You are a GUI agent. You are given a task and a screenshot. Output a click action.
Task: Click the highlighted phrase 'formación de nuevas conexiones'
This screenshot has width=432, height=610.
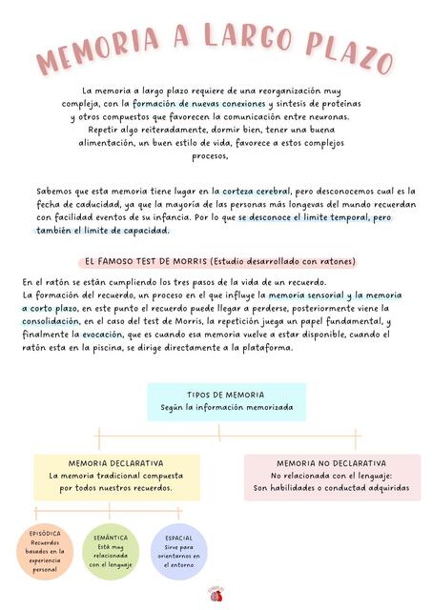pos(199,103)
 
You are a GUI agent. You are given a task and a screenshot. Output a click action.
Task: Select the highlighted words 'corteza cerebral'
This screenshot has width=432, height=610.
pos(256,191)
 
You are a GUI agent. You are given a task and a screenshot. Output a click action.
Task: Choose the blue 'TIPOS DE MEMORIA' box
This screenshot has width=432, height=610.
pos(227,402)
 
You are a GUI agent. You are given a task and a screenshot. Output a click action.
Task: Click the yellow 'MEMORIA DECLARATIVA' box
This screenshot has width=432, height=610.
pos(116,476)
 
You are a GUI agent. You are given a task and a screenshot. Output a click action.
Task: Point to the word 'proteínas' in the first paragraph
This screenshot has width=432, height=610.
pos(339,103)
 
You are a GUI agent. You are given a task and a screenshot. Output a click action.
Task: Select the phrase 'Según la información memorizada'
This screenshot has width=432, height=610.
pos(227,408)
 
